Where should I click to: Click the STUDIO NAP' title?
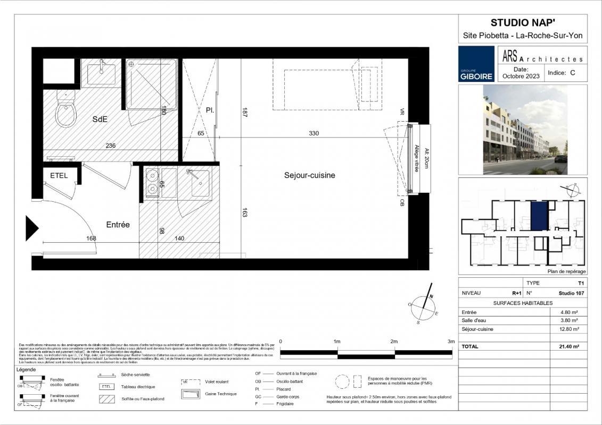[x=523, y=22]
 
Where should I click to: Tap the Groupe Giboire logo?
[x=476, y=64]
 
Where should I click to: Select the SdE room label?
[x=100, y=120]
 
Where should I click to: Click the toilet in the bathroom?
[x=67, y=113]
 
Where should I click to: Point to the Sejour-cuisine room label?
[x=309, y=175]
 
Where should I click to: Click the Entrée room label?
[x=118, y=225]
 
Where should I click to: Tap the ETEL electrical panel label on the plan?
[x=59, y=176]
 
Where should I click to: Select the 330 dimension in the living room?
[x=314, y=133]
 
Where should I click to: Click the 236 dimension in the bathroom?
[x=110, y=145]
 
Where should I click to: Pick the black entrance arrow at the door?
[x=32, y=227]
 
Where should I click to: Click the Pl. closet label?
[x=210, y=110]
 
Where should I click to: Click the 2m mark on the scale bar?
[x=394, y=342]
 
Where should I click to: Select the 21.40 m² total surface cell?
[x=570, y=346]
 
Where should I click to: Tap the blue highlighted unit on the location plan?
[x=539, y=215]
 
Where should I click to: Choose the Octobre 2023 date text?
[x=521, y=76]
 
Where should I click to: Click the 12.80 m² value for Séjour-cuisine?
[x=570, y=329]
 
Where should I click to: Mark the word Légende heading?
[x=26, y=369]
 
